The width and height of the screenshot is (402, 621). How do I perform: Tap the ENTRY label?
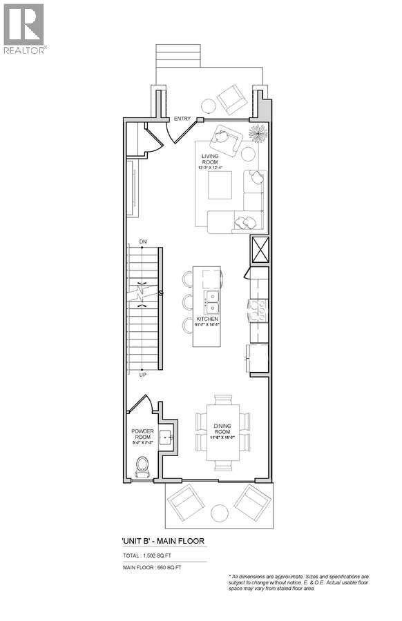(x=182, y=119)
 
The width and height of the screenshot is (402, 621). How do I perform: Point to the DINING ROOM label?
(x=222, y=430)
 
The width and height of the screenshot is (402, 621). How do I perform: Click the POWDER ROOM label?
(x=143, y=434)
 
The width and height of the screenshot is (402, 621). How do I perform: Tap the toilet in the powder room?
(x=143, y=467)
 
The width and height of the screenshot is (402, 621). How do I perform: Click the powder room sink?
(x=165, y=437)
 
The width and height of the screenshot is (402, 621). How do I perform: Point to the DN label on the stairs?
(x=143, y=241)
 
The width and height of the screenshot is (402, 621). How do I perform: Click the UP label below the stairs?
(x=143, y=375)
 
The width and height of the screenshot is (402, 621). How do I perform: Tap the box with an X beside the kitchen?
(x=259, y=249)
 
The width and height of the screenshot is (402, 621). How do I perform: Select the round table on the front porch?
(x=208, y=106)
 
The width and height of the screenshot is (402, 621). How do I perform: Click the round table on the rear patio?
(x=219, y=512)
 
